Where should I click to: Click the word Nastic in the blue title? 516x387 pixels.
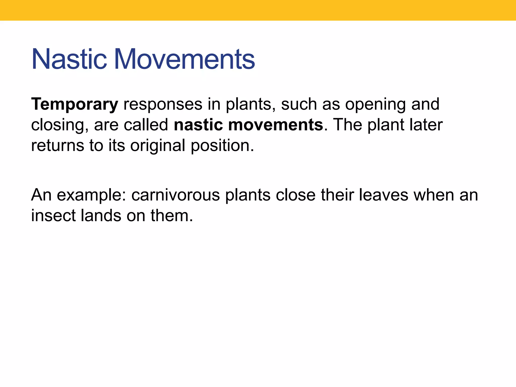69,59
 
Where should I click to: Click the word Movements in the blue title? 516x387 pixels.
184,59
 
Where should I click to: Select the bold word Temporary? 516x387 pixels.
75,104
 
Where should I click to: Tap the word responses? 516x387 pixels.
163,104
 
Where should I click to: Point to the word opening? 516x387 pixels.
375,104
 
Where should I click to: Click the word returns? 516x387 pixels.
57,146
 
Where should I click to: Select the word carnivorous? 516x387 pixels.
176,195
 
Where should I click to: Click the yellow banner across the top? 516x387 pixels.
258,10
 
